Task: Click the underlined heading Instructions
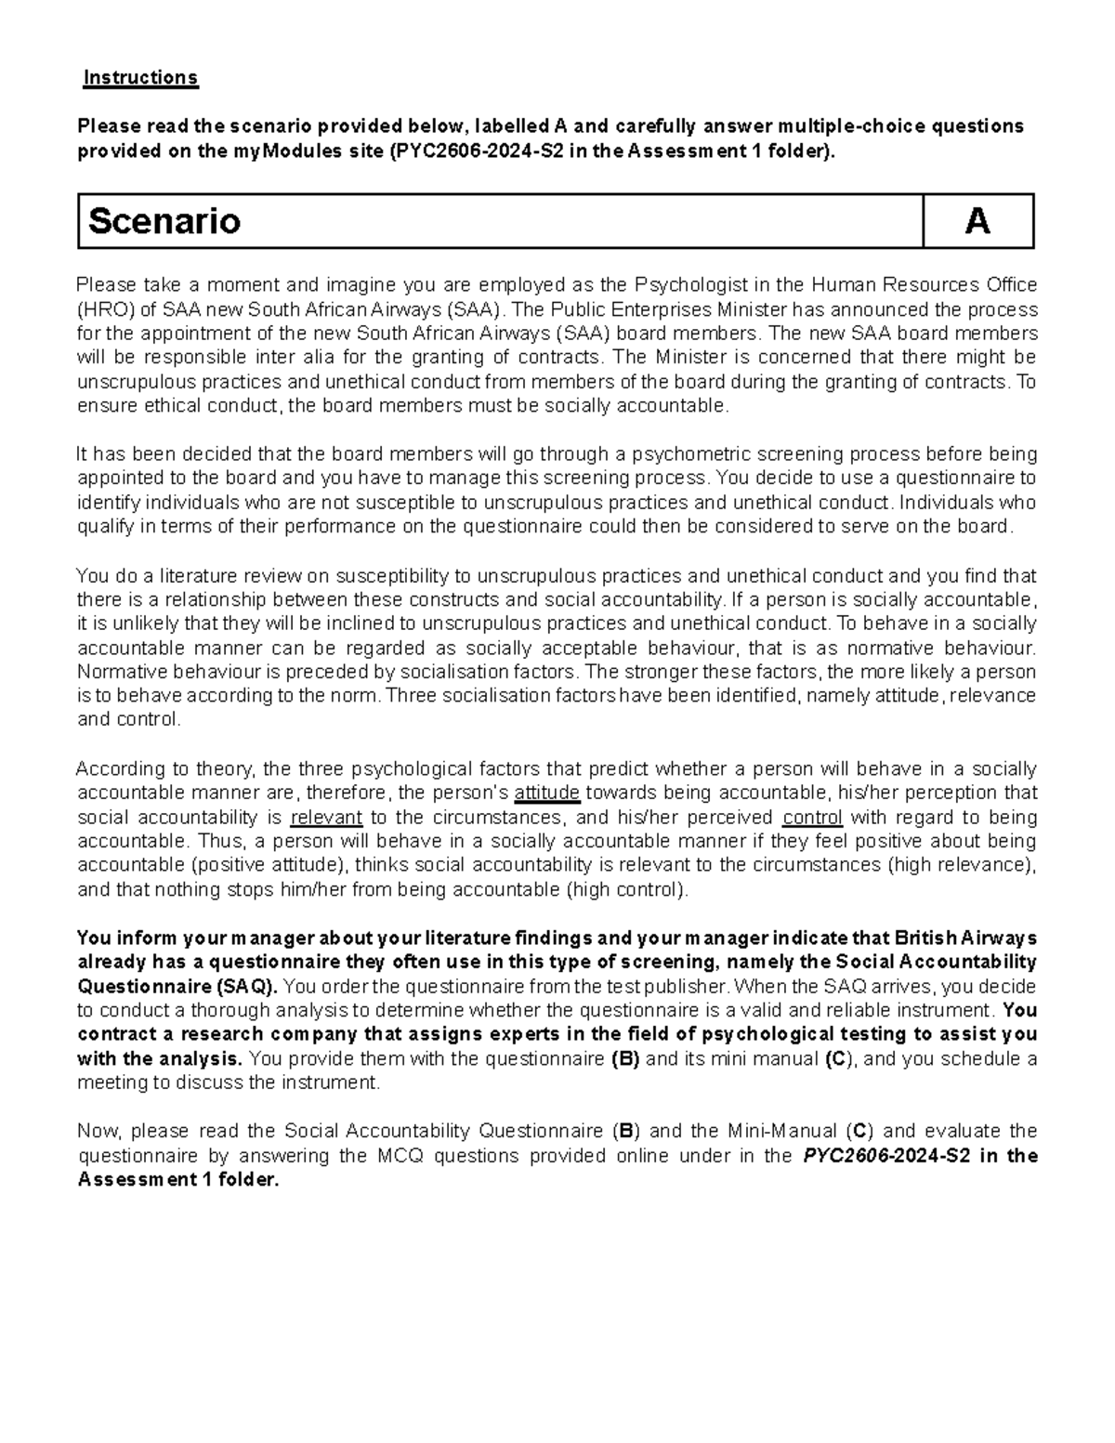[x=140, y=77]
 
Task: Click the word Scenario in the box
[x=164, y=221]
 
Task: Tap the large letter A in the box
[x=977, y=221]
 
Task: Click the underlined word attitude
[x=547, y=793]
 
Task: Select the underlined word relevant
[x=326, y=817]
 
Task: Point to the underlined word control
[x=812, y=817]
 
